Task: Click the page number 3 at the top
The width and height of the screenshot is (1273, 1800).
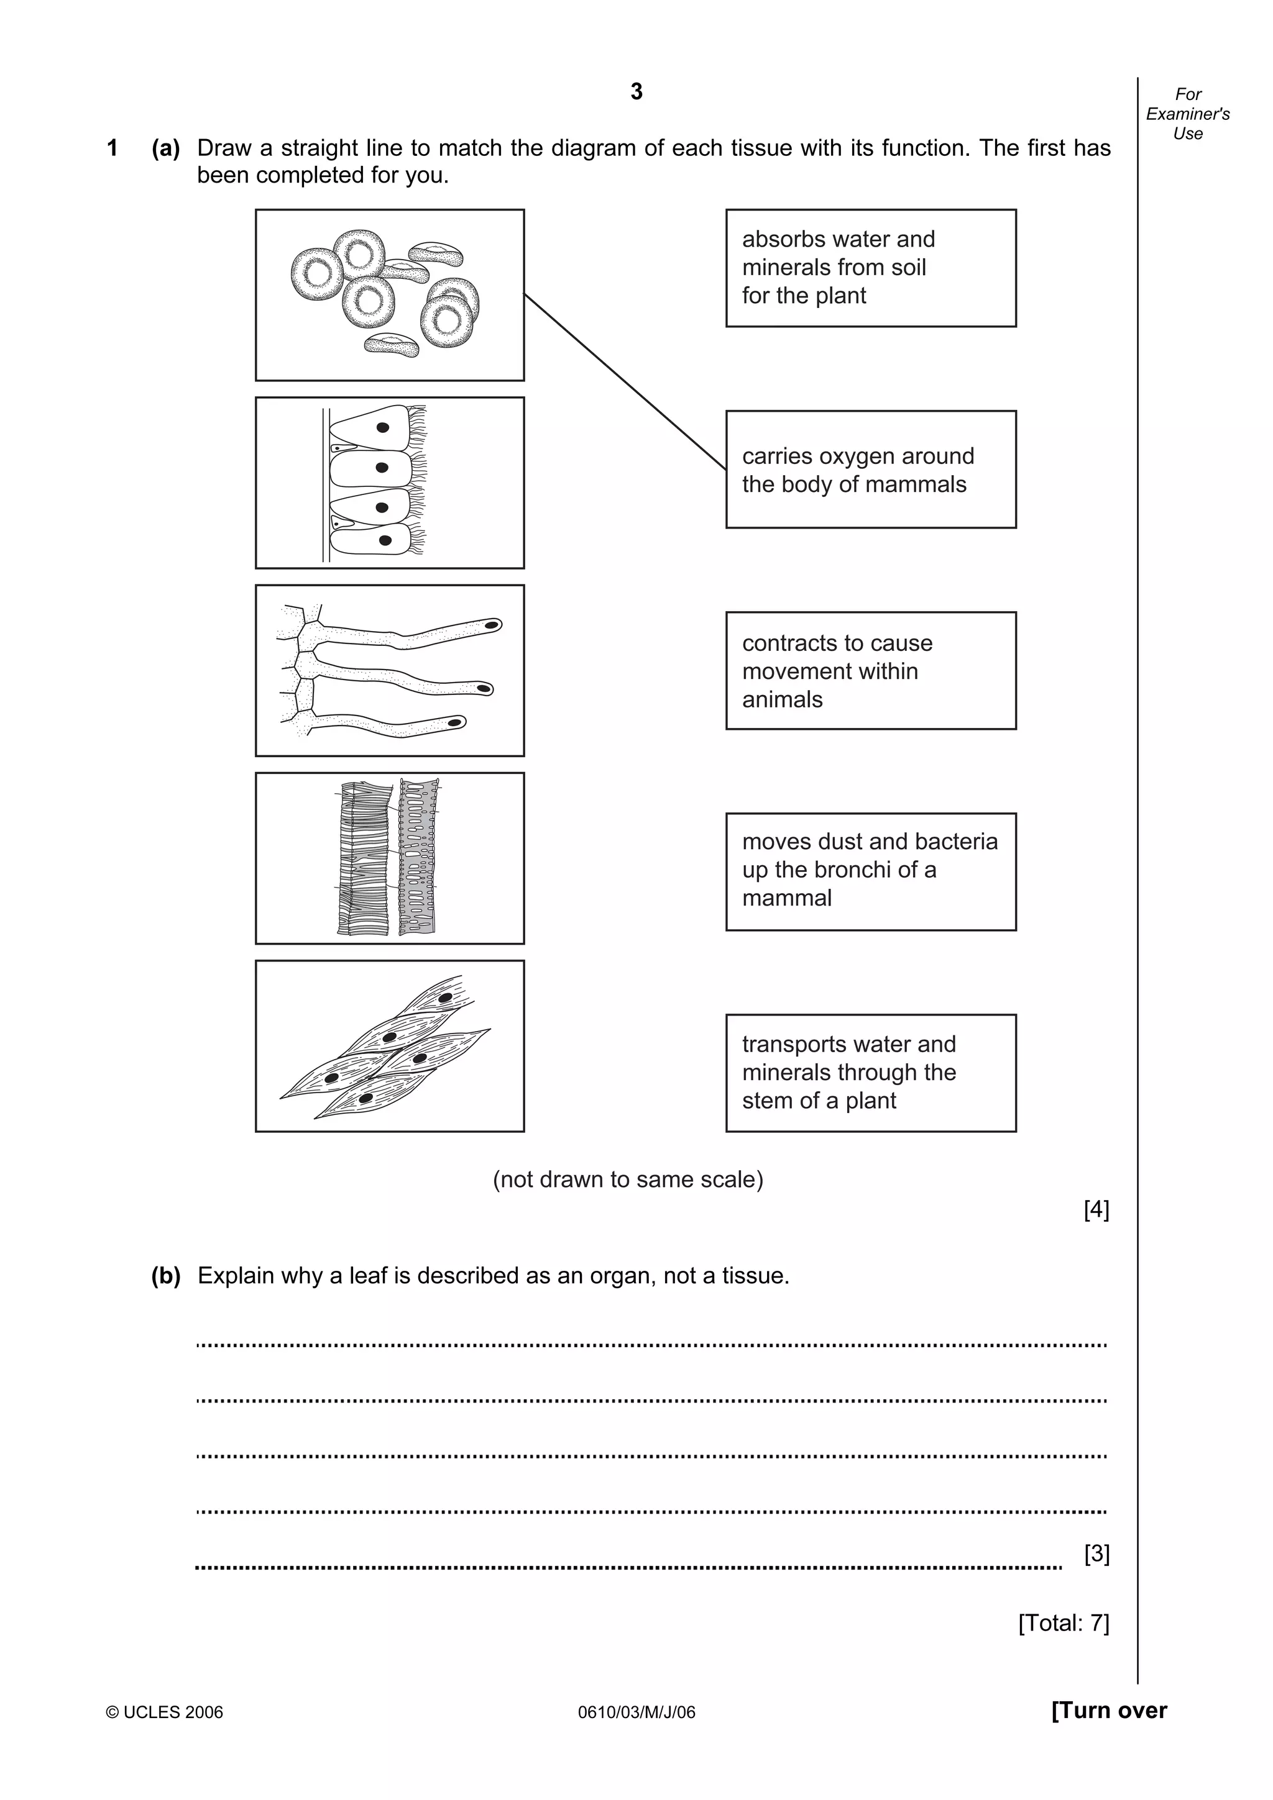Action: point(636,92)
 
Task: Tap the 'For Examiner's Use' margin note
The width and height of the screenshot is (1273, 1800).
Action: point(1187,114)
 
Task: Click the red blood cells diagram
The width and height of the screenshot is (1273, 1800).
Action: point(389,295)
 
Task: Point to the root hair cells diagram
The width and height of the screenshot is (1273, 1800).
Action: point(389,670)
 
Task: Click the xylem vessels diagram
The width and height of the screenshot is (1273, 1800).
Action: point(389,858)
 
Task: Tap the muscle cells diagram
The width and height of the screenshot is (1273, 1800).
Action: point(389,1046)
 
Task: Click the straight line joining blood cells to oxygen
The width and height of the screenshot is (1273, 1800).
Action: point(625,382)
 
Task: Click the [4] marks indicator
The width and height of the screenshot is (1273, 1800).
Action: point(1096,1210)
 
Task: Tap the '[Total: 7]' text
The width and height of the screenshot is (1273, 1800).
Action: point(1063,1622)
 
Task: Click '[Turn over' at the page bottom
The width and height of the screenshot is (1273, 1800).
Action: point(1108,1710)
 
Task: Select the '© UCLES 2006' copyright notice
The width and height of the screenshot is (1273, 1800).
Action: point(164,1712)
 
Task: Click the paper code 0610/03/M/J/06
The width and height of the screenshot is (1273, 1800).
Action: point(636,1712)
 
